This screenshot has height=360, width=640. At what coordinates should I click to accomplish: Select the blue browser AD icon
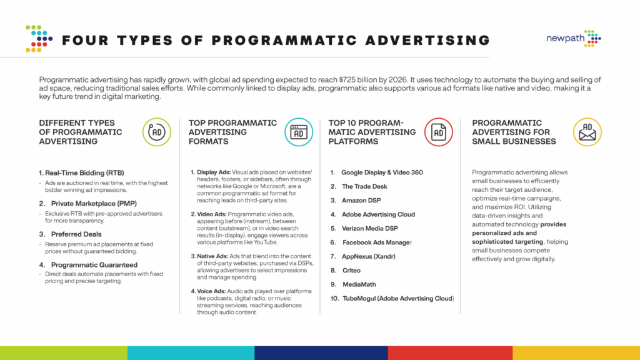pyautogui.click(x=299, y=132)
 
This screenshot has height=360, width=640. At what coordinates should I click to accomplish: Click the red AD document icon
pyautogui.click(x=439, y=132)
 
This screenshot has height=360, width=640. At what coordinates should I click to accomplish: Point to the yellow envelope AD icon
pyautogui.click(x=587, y=132)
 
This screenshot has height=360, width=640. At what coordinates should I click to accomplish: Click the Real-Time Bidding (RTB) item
pyautogui.click(x=81, y=172)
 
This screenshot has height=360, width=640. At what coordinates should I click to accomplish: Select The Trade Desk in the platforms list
pyautogui.click(x=364, y=186)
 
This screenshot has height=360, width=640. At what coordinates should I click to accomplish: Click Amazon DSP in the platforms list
pyautogui.click(x=362, y=201)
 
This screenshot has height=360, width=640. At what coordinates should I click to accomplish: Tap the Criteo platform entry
pyautogui.click(x=352, y=270)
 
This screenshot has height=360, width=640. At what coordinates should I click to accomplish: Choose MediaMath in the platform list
pyautogui.click(x=359, y=284)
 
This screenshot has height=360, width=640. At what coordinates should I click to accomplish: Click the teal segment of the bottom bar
pyautogui.click(x=191, y=353)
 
